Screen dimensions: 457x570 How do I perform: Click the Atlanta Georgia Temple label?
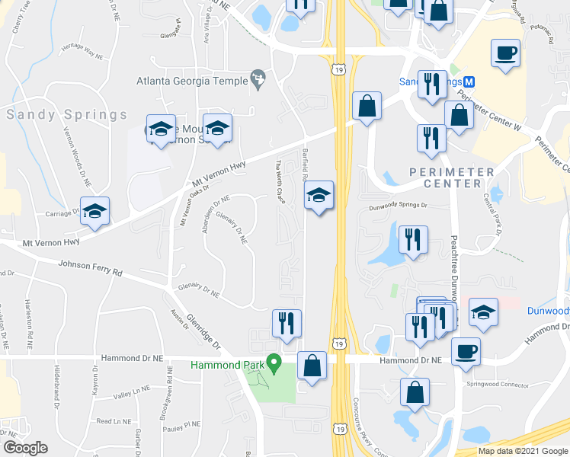192,81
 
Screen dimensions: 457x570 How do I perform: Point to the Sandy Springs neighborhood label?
67,115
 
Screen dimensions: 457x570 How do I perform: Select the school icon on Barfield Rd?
319,197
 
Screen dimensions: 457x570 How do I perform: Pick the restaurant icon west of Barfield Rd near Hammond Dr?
287,323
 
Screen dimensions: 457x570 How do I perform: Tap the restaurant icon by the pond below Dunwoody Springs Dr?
413,239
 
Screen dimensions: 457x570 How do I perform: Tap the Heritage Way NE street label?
82,52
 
